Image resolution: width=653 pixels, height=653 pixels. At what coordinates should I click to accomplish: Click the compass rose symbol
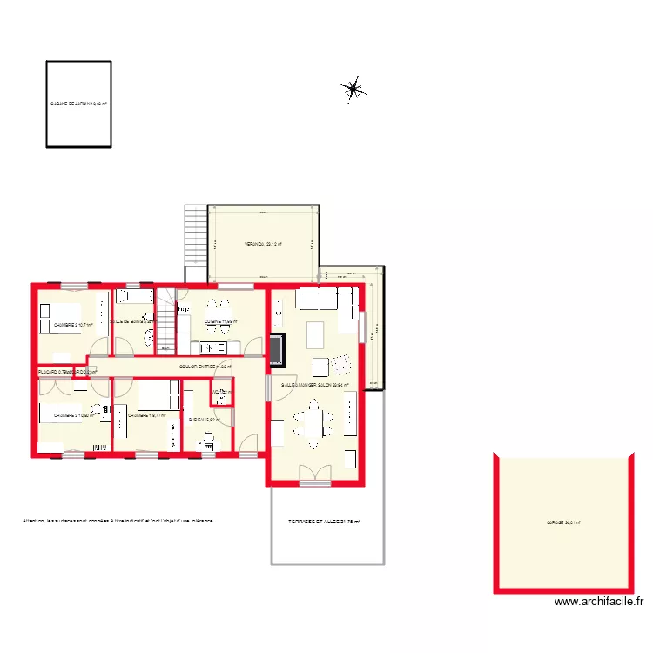pos(353,88)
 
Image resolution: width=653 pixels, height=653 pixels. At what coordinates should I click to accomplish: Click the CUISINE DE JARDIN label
pos(78,104)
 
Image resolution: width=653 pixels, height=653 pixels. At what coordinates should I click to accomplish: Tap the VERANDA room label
pos(262,244)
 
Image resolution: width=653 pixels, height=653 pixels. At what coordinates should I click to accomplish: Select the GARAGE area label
pos(563,523)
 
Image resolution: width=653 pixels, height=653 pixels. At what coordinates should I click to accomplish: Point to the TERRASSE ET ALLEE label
pos(324,522)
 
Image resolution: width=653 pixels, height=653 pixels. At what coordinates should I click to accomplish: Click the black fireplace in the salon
pos(276,348)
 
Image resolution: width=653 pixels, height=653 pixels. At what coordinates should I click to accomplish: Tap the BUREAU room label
pos(204,419)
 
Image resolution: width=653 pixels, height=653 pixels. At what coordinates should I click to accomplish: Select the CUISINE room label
pos(220,321)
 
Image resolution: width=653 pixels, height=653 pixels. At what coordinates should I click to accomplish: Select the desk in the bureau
pos(208,439)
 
